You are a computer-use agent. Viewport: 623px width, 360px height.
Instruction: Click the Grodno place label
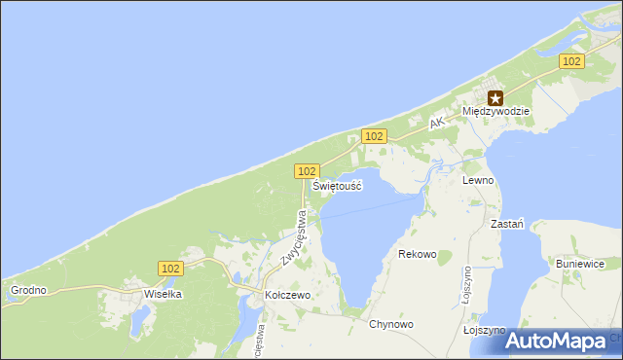coord(27,290)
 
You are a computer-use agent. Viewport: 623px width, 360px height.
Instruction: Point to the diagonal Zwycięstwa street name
coord(294,237)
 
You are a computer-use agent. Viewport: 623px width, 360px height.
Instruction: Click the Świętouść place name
coord(337,185)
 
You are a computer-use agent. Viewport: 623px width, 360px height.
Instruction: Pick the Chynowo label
coord(391,324)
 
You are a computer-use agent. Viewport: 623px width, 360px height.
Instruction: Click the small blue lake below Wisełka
coord(144,316)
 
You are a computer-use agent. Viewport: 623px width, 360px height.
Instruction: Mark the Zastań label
coord(508,223)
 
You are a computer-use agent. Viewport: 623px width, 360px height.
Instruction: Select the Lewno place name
coord(478,181)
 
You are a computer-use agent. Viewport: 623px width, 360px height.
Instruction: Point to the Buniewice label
coord(581,264)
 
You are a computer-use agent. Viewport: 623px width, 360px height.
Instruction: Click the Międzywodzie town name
coord(496,112)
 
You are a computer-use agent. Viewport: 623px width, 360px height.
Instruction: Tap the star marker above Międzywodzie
coord(496,97)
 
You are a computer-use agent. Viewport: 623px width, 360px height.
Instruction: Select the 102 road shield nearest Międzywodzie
coord(571,61)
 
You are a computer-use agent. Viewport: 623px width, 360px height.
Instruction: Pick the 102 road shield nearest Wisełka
coord(169,267)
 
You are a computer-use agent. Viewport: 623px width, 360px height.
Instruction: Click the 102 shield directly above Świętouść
coord(306,170)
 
